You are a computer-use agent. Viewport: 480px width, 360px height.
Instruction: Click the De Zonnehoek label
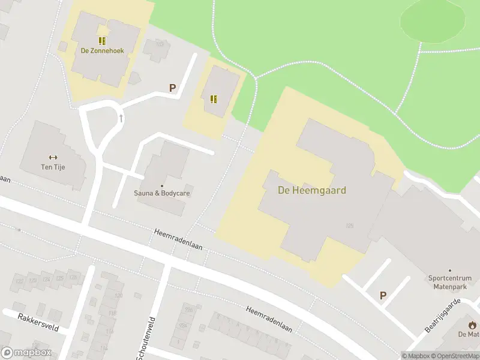click(x=103, y=51)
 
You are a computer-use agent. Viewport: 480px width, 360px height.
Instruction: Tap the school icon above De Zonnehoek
click(x=103, y=41)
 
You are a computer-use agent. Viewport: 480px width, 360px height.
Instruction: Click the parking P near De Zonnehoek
click(x=173, y=88)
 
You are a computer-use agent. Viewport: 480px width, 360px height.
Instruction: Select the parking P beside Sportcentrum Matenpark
click(x=383, y=295)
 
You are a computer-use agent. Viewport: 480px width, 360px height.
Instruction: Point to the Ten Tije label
click(x=53, y=167)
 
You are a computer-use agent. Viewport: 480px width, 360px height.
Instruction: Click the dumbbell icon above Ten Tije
click(x=53, y=157)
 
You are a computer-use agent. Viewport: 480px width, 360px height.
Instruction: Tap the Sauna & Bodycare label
click(x=161, y=194)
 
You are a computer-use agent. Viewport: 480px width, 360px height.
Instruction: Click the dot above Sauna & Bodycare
click(x=161, y=186)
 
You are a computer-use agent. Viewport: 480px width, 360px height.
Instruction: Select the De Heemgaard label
click(x=312, y=190)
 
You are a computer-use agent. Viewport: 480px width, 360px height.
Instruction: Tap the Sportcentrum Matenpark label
click(x=450, y=283)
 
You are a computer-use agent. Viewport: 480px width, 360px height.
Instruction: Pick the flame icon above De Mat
click(x=469, y=325)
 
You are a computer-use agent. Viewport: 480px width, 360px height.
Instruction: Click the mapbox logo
click(x=26, y=352)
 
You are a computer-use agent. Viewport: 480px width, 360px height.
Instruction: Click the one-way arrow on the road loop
click(x=121, y=118)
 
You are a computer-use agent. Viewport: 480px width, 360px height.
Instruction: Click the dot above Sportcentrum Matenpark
click(x=450, y=270)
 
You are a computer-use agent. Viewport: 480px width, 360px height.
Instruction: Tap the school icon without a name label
click(x=214, y=99)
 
